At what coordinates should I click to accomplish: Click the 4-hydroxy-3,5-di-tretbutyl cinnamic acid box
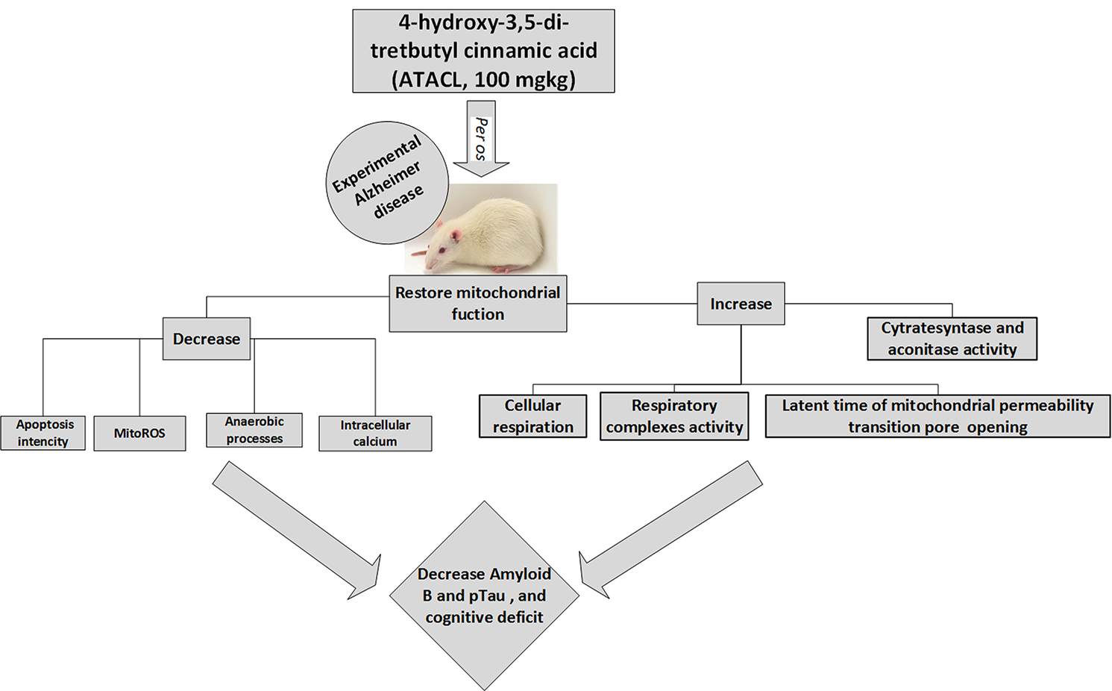(x=483, y=51)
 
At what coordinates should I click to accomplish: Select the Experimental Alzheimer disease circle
(x=387, y=183)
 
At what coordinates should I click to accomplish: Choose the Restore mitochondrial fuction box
(x=477, y=304)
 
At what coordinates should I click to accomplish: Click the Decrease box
(x=207, y=339)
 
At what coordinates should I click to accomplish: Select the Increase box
(x=741, y=304)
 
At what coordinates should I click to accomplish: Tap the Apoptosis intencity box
(x=43, y=433)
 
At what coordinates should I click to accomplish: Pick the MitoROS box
(x=139, y=434)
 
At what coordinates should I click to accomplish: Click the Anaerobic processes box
(x=254, y=431)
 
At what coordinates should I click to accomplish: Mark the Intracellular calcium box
(x=375, y=434)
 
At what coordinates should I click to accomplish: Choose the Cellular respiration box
(x=533, y=416)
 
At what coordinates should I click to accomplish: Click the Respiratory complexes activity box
(x=674, y=416)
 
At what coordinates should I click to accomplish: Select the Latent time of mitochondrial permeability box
(x=937, y=416)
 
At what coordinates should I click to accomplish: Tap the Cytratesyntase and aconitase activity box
(x=952, y=339)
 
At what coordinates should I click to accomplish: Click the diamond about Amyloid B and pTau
(x=484, y=595)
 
